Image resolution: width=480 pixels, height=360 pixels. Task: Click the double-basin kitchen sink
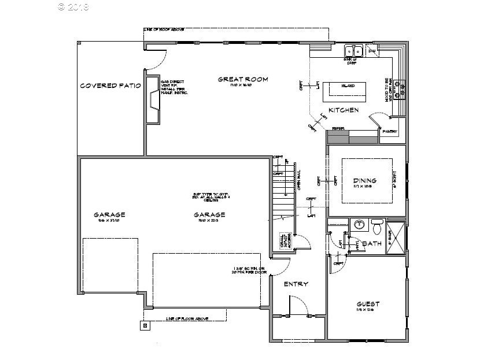pyautogui.click(x=353, y=49)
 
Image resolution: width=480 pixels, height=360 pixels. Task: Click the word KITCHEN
pyautogui.click(x=344, y=110)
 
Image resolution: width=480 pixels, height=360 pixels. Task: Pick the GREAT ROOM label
pyautogui.click(x=243, y=79)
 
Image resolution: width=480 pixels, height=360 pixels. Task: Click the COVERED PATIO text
pyautogui.click(x=110, y=86)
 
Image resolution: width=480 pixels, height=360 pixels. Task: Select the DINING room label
pyautogui.click(x=365, y=180)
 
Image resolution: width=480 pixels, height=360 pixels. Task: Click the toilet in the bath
pyautogui.click(x=378, y=224)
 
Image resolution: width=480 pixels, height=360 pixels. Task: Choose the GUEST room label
pyautogui.click(x=368, y=304)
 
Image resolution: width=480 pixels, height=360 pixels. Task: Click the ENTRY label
pyautogui.click(x=296, y=284)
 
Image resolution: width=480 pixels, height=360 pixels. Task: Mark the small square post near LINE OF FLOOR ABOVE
pyautogui.click(x=144, y=325)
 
